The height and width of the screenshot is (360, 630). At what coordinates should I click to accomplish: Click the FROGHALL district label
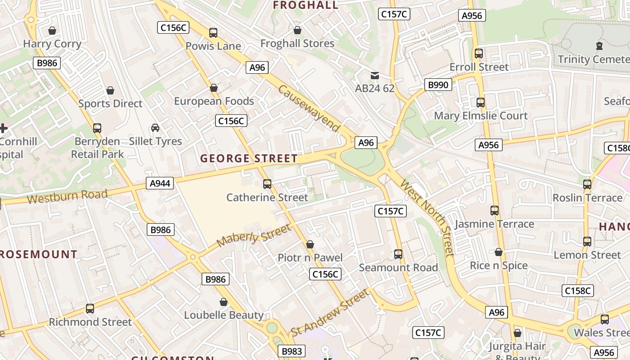coord(306,5)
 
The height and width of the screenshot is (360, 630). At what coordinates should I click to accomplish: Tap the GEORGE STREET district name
coord(249,158)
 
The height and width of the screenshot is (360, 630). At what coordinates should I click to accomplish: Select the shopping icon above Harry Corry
coord(52,31)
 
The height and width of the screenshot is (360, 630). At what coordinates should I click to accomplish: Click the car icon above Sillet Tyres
coord(155,128)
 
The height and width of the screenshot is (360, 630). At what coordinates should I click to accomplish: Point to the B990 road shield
coord(438,85)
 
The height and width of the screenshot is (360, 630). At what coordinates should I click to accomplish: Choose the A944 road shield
coord(160,184)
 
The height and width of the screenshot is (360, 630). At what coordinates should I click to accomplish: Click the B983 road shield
coord(292,351)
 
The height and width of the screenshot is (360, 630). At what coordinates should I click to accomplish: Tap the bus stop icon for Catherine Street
coord(267,184)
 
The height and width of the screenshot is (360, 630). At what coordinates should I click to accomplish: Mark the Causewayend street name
coord(309,108)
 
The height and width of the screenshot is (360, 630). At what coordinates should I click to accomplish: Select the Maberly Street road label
coord(254,236)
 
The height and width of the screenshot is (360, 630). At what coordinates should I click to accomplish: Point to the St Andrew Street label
coord(330,313)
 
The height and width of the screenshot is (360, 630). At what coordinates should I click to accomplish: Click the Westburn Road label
coord(67,197)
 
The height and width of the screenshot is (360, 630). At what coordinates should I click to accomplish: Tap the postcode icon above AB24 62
coord(374,76)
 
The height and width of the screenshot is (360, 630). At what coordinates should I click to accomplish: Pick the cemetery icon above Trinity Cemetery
coord(599,46)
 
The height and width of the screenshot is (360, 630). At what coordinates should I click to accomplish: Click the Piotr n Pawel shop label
coord(310,258)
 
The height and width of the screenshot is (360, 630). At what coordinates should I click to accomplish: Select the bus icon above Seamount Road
coord(398,254)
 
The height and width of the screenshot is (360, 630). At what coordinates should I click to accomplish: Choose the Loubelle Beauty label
coord(224,315)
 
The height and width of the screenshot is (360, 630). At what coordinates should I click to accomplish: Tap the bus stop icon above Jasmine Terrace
coord(495,211)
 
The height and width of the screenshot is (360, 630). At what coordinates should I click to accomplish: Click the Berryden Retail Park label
coord(97,148)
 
